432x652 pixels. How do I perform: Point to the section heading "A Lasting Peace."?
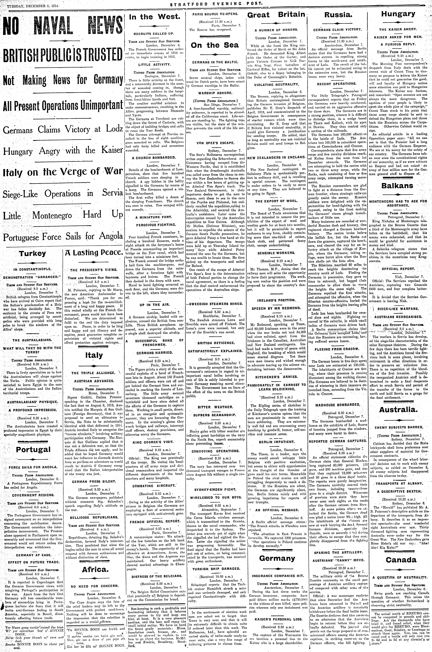[x=94, y=253]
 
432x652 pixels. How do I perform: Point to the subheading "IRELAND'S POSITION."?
[x=276, y=300]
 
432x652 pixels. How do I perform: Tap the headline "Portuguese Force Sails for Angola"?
[x=63, y=236]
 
